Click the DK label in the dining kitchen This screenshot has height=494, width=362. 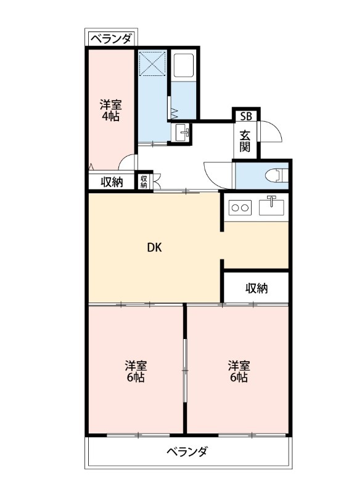click(154, 248)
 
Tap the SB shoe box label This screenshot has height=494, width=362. click(246, 116)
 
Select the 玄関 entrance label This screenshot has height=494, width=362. click(245, 141)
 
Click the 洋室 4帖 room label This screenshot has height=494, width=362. click(111, 111)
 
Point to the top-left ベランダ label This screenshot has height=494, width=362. click(112, 40)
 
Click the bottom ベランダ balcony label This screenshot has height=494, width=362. click(187, 451)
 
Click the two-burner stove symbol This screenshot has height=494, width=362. click(240, 207)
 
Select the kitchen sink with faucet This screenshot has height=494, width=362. click(271, 205)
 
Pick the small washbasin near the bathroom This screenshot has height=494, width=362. click(182, 132)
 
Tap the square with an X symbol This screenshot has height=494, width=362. click(152, 63)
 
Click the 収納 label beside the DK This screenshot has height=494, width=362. click(256, 288)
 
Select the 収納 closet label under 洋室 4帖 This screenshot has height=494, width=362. click(112, 182)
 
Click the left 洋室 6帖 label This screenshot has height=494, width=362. click(136, 371)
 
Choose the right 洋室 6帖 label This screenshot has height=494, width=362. click(238, 371)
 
